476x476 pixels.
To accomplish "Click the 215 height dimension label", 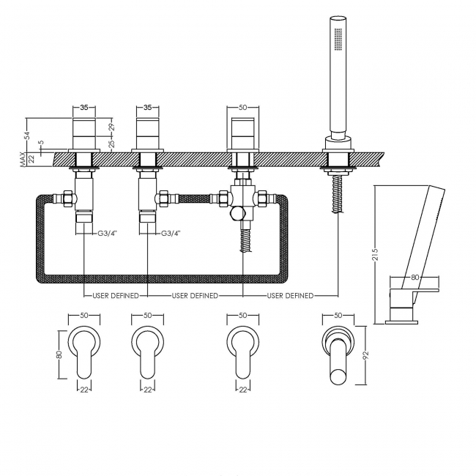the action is [x=375, y=254].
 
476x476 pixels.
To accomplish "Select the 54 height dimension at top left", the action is [x=27, y=135].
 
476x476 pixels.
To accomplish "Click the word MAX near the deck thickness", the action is [x=23, y=160].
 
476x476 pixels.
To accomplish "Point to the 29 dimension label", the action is [x=111, y=126].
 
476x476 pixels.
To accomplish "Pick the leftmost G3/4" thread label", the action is [x=107, y=233].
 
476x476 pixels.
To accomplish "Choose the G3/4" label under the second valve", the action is [x=171, y=233].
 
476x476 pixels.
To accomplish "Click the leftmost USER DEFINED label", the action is [x=116, y=295].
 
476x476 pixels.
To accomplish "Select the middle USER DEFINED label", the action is [x=195, y=295].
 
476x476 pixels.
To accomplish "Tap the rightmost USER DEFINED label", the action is [x=290, y=295].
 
